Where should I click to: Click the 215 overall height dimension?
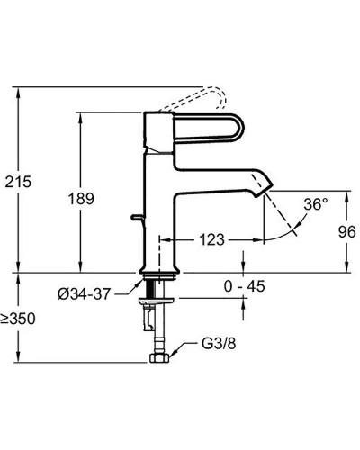[18, 182]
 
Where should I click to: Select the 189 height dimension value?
[81, 199]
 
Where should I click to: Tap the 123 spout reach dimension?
[212, 239]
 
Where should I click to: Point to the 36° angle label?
[315, 204]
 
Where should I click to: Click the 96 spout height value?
[347, 232]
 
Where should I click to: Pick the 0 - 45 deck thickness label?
[244, 286]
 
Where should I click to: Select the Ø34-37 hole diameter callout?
[85, 294]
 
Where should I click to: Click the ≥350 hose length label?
[18, 319]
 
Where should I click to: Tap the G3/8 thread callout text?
[219, 344]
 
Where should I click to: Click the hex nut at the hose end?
[159, 357]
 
